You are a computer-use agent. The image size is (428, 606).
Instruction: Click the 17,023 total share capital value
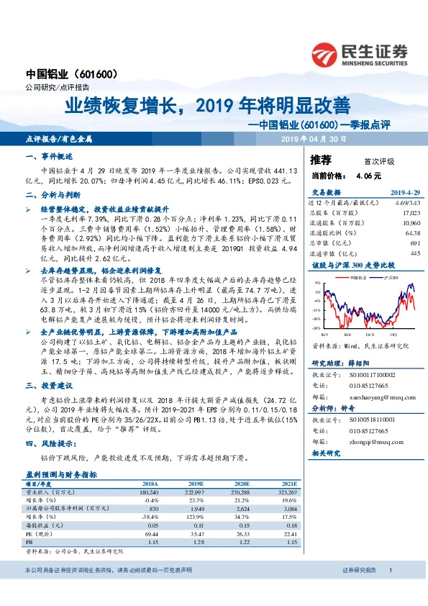410,213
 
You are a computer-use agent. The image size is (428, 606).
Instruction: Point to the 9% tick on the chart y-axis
317,282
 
